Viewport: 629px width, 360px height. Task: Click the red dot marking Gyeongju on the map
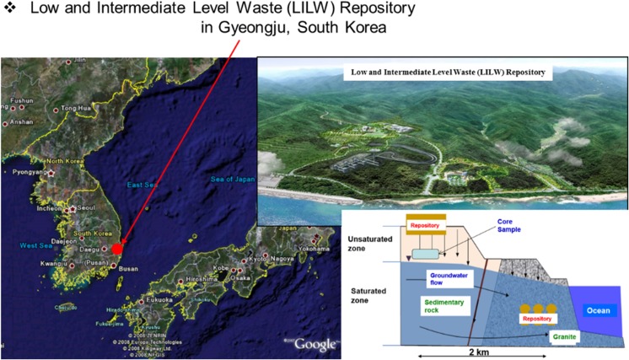pyautogui.click(x=117, y=250)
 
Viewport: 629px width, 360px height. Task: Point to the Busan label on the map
pyautogui.click(x=128, y=268)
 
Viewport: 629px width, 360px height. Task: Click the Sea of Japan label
pyautogui.click(x=230, y=179)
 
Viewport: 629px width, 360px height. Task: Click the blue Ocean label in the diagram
pyautogui.click(x=596, y=309)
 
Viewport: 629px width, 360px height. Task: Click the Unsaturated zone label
pyautogui.click(x=366, y=244)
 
